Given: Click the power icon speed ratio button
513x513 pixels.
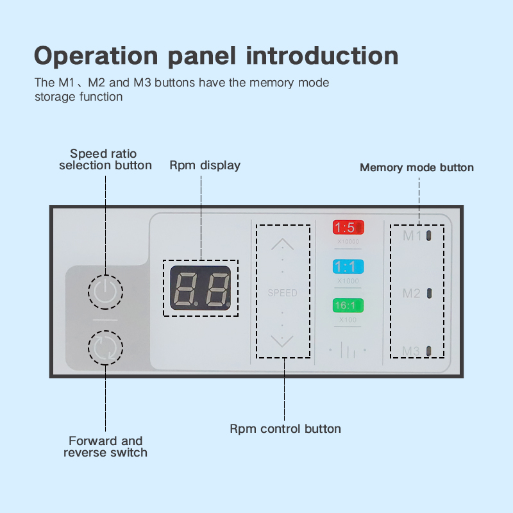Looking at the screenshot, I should pos(105,292).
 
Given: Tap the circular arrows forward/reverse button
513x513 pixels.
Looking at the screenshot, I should pos(105,347).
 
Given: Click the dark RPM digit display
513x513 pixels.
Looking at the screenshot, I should pos(200,288).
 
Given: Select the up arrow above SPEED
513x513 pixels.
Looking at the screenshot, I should pos(282,244).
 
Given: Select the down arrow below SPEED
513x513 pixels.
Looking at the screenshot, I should pos(282,341).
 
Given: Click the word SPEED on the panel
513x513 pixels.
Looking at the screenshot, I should pos(282,293).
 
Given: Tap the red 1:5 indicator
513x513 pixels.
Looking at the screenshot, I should pos(348,228).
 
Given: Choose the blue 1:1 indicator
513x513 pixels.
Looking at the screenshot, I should pos(348,266).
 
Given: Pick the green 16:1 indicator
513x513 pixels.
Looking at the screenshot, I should pos(348,305).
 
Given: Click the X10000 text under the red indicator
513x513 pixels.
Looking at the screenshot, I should pos(348,242).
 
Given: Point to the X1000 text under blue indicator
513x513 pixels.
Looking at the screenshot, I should pos(348,281).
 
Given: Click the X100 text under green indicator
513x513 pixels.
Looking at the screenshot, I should pos(348,319).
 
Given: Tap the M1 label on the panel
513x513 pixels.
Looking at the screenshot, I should pos(412,236).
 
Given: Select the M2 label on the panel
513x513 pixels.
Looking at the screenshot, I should pos(412,293).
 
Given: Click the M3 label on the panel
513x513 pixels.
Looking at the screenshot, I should pos(412,351).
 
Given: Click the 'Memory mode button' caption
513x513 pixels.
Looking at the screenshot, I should pos(417,168).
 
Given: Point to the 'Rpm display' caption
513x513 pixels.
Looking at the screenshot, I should pos(205,165).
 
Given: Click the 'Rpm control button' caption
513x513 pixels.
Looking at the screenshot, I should pos(285,428).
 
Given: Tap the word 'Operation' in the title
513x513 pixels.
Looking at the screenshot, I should pos(97,55).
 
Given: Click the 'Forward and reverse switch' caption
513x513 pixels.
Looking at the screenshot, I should pos(105,446).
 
